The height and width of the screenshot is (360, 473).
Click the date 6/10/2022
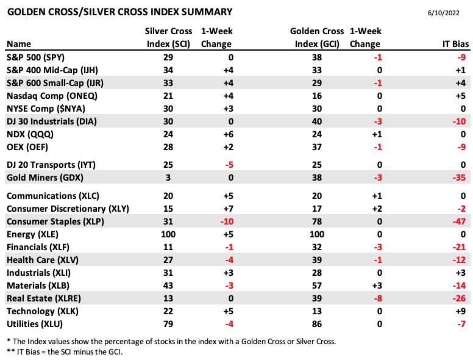[x=444, y=13]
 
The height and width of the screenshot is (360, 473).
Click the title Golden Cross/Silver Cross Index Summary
[x=119, y=12]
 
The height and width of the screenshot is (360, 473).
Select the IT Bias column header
[x=455, y=44]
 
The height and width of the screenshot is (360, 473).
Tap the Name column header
[x=19, y=44]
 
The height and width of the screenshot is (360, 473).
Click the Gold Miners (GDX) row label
[x=45, y=178]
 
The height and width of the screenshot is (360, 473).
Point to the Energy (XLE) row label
[x=32, y=234]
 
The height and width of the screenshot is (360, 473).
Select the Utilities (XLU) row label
[x=35, y=324]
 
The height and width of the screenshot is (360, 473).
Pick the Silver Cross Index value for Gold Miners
[x=168, y=178]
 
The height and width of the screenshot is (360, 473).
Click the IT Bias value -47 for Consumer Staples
[x=459, y=221]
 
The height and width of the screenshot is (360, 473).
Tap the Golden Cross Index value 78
[x=317, y=221]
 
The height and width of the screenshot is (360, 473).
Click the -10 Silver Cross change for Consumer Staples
[x=227, y=221]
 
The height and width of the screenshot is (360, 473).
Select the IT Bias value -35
[x=459, y=178]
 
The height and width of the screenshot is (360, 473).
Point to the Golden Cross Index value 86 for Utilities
[x=317, y=324]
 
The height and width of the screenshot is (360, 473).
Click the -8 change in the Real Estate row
[x=378, y=298]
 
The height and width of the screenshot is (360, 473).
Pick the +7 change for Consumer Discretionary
[x=229, y=209]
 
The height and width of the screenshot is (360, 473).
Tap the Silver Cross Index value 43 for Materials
[x=168, y=286]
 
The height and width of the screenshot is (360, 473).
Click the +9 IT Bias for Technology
[x=461, y=311]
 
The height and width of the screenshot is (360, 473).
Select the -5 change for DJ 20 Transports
[x=229, y=165]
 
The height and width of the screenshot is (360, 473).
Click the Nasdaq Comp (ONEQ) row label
[x=52, y=96]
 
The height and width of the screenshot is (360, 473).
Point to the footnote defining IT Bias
[x=65, y=352]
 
